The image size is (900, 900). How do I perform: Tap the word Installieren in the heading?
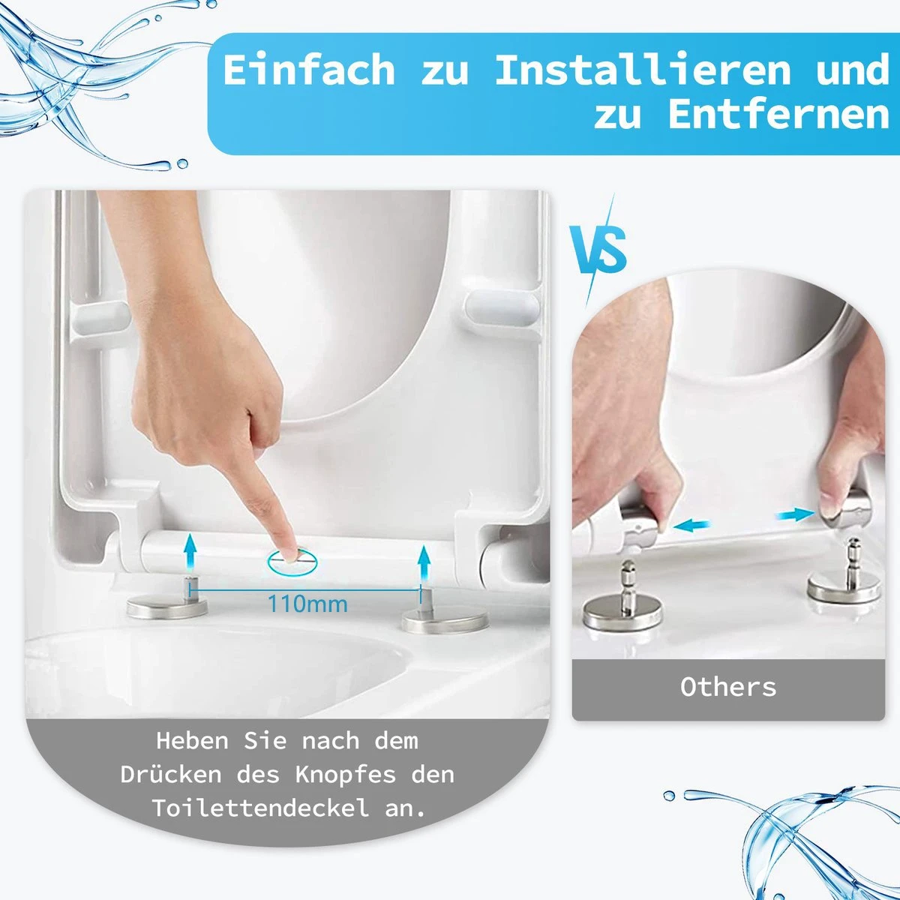point(643,70)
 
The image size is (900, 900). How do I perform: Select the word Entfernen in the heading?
point(778,115)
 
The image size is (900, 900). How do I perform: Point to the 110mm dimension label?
point(307,603)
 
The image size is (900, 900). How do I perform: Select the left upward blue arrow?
point(190,553)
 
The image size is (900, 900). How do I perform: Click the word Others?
point(728,687)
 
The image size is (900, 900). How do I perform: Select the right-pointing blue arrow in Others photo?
point(793,514)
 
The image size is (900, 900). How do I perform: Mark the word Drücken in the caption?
point(171,774)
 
